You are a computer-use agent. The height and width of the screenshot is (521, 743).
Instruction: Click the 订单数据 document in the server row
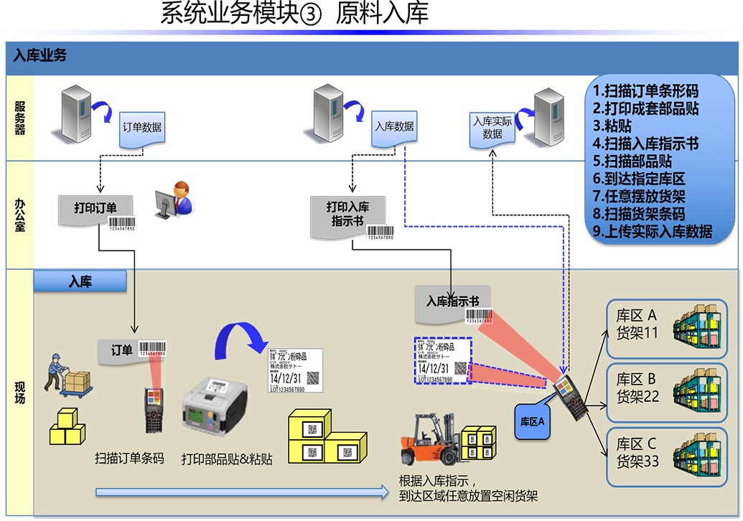tap(141, 129)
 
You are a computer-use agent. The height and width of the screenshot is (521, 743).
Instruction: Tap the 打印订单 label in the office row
tap(95, 209)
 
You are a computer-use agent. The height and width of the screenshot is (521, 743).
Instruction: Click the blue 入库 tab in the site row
tap(80, 282)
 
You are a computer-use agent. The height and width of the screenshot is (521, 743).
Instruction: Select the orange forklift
tap(431, 440)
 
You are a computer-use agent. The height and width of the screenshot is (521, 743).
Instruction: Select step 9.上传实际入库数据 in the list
tap(653, 231)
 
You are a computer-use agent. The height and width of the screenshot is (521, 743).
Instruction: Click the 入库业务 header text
tap(40, 55)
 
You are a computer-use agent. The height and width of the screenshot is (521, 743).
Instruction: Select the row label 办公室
tap(19, 215)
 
